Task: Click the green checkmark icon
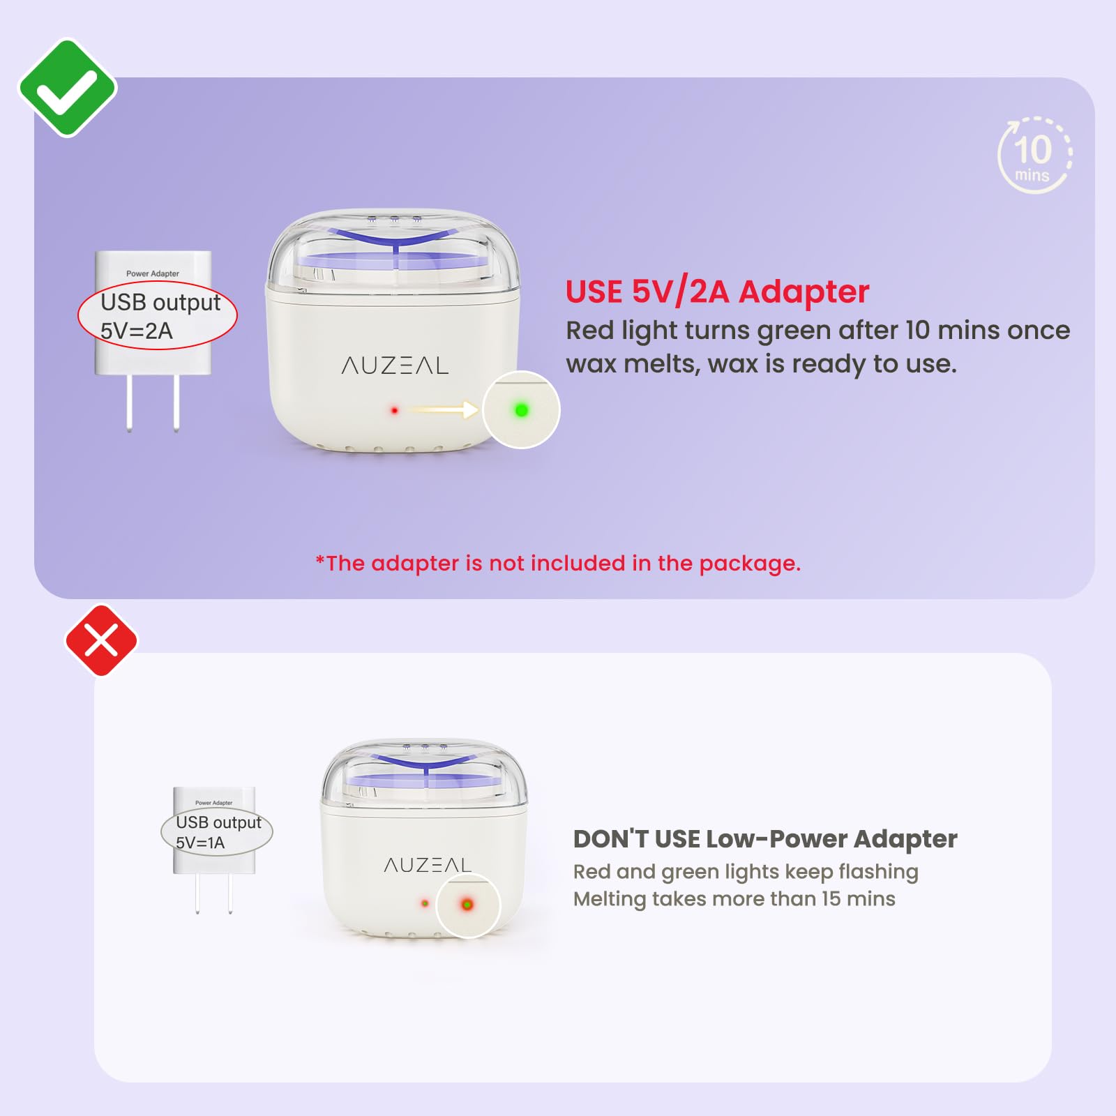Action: pyautogui.click(x=68, y=88)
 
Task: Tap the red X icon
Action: pyautogui.click(x=102, y=640)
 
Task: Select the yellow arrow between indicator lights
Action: pyautogui.click(x=444, y=409)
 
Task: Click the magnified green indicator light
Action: pyautogui.click(x=521, y=410)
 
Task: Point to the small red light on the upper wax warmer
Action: pyautogui.click(x=394, y=410)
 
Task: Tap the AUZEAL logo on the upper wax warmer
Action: pyautogui.click(x=395, y=365)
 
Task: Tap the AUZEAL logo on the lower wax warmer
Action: pyautogui.click(x=428, y=865)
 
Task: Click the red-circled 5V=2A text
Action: pyautogui.click(x=137, y=331)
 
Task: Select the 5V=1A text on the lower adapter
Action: pyautogui.click(x=200, y=843)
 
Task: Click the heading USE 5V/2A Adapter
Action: pyautogui.click(x=717, y=292)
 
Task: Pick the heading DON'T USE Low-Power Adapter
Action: pyautogui.click(x=765, y=839)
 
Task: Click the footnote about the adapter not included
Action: pyautogui.click(x=558, y=563)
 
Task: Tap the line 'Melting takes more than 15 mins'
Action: pyautogui.click(x=734, y=898)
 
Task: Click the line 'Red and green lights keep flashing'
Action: pyautogui.click(x=746, y=872)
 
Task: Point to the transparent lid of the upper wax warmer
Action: pyautogui.click(x=394, y=250)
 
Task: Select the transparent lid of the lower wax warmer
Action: pyautogui.click(x=425, y=775)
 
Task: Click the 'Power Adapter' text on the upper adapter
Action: pyautogui.click(x=153, y=273)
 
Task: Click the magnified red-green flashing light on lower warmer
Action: pyautogui.click(x=467, y=905)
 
